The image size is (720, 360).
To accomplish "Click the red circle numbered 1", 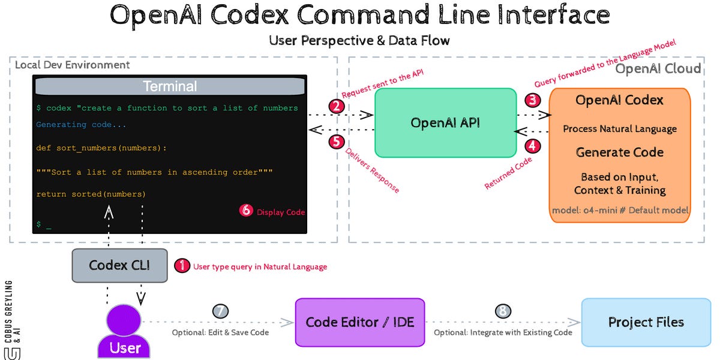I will pos(182,266).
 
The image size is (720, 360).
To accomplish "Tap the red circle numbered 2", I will pos(337,107).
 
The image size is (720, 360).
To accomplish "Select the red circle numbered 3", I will pos(532,100).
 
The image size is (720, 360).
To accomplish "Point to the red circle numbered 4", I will pos(532,146).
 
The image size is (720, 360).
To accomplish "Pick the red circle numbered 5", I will pos(337,142).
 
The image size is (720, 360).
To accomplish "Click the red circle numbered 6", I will pos(246,211).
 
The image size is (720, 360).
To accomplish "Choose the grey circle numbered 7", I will pos(221,311).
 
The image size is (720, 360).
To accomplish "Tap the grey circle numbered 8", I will pos(503,311).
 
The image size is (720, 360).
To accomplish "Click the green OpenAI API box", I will pos(445,123).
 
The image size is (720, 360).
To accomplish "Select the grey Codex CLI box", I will pos(119,265).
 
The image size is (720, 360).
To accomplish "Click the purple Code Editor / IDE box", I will pos(360,322).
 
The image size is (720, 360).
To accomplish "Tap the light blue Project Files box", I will pos(646,322).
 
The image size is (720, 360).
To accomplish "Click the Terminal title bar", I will pos(170,86).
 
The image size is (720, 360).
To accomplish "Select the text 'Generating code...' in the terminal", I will pos(81,125).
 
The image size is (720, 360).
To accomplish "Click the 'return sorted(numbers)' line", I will pos(91,194).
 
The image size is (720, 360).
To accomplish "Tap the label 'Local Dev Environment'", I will pos(72,64).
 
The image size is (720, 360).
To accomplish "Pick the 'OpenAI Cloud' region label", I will pos(658,68).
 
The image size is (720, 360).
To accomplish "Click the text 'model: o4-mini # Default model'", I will pos(620,211).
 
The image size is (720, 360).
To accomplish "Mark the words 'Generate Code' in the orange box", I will pos(620,152).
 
